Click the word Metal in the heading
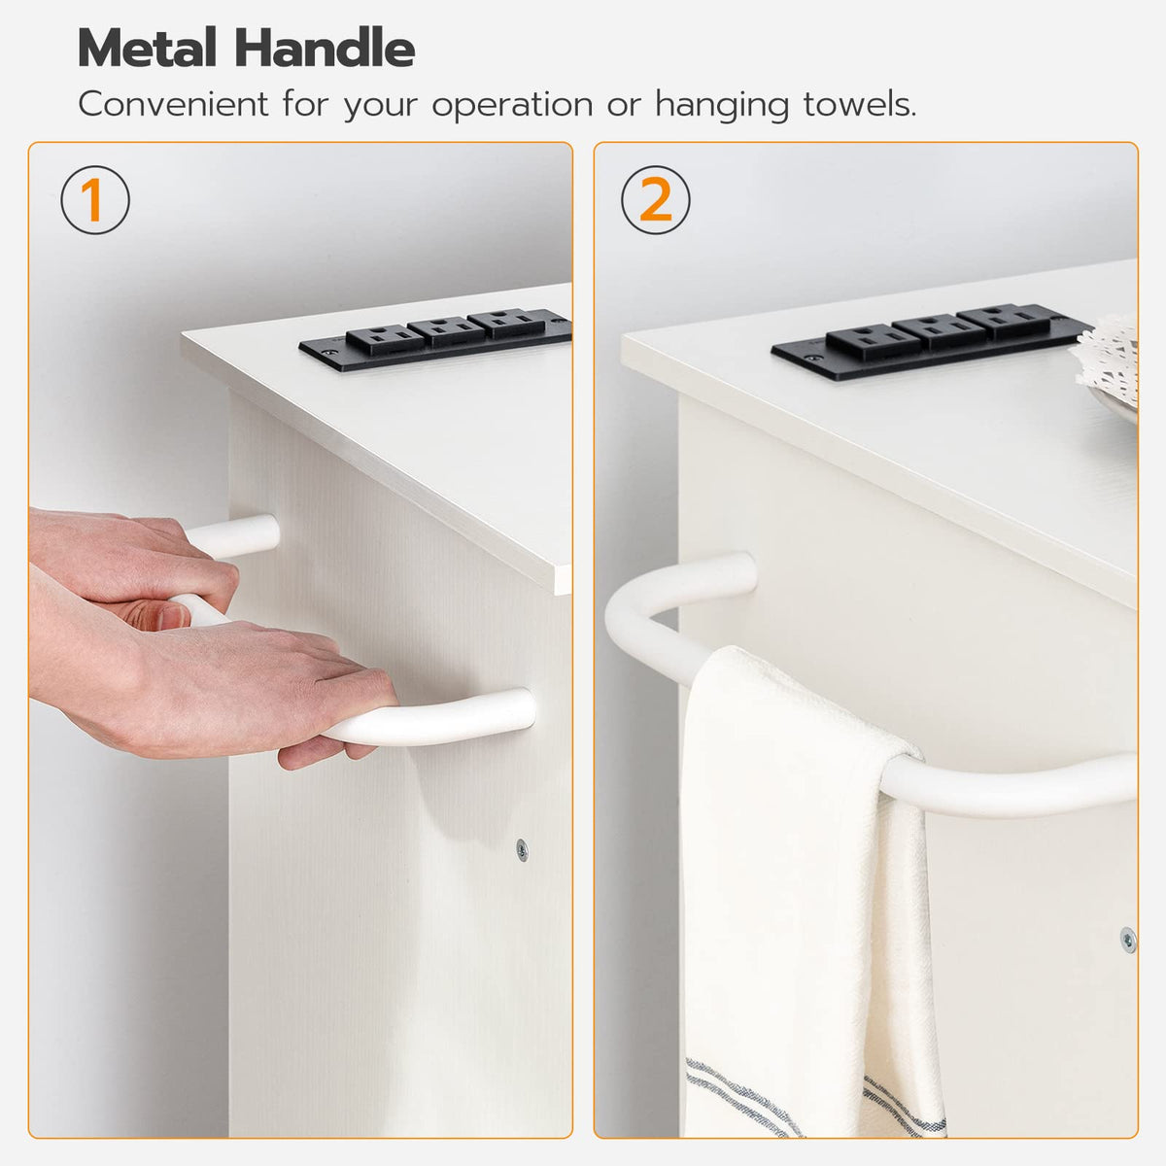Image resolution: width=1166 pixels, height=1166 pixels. (147, 48)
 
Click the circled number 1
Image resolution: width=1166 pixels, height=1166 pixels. (95, 200)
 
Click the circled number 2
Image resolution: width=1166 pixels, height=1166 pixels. (655, 200)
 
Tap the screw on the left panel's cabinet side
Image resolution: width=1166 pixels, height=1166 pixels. (522, 849)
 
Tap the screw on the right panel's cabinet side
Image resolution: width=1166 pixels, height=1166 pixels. (1128, 941)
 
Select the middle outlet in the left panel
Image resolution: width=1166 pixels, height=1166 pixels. (446, 331)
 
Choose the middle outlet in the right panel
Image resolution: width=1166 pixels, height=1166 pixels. (939, 331)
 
